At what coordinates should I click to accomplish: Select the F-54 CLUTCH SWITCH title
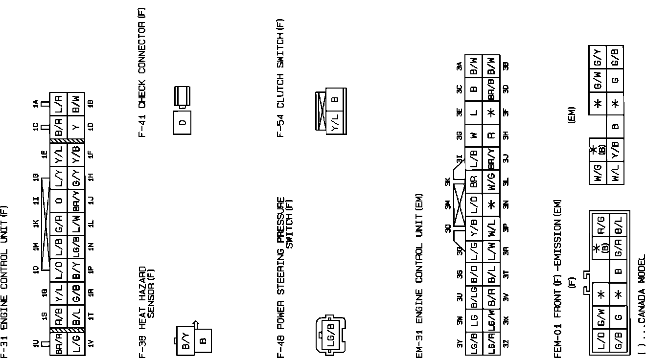pos(280,78)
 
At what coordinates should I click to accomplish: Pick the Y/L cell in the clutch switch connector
pos(335,122)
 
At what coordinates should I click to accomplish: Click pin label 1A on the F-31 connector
pos(35,104)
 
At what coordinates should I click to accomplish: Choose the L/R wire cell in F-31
pos(58,104)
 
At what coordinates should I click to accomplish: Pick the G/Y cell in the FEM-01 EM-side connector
pos(597,56)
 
